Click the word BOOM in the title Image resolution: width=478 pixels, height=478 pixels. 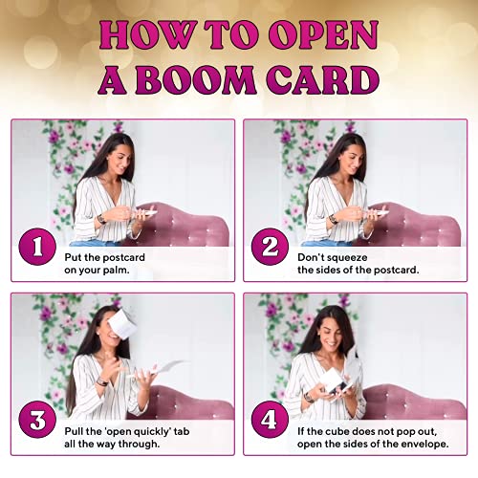coord(196,79)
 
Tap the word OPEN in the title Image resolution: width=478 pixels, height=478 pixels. coord(323,34)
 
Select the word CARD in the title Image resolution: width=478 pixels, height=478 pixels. coord(323,79)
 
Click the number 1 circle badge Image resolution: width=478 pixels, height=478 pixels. coord(37,247)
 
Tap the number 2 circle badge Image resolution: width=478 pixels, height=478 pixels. coord(270,247)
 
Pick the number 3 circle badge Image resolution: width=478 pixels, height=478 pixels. coord(37,420)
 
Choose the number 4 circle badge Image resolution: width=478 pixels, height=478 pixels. coord(270,420)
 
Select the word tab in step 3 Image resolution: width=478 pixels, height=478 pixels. coord(182,431)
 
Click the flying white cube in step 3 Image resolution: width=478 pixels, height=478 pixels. coord(122,322)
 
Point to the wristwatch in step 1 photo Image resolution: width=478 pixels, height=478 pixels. coord(101,219)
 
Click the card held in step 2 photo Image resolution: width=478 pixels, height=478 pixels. coord(380,212)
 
